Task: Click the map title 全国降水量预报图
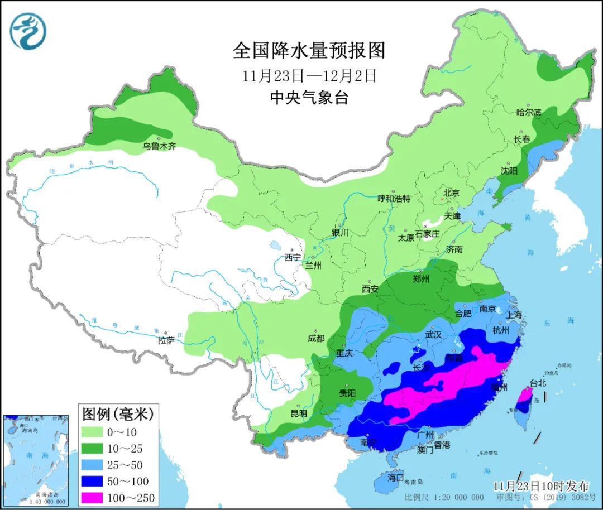coord(309,51)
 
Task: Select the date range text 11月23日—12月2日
coord(309,76)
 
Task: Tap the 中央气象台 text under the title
coord(309,98)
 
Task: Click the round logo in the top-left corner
coord(28,30)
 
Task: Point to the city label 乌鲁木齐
coord(159,147)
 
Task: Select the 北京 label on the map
coord(451,193)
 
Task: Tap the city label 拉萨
coord(166,340)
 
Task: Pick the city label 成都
coord(315,338)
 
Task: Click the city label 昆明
coord(299,413)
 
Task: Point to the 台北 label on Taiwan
coord(538,383)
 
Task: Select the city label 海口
coord(395,478)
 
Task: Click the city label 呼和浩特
coord(394,199)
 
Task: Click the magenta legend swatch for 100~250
coord(99,498)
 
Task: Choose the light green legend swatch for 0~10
coord(99,431)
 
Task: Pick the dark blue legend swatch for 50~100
coord(99,481)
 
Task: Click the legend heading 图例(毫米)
coord(117,414)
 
